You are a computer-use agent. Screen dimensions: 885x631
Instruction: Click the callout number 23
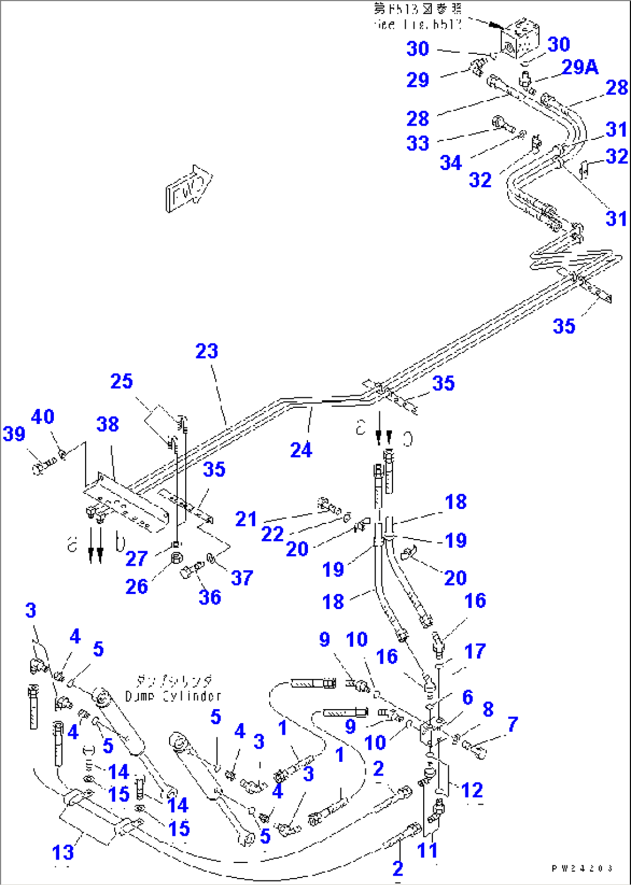coord(207,351)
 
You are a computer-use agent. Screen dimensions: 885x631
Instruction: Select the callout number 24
coord(301,450)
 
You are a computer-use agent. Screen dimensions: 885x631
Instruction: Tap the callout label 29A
coord(579,67)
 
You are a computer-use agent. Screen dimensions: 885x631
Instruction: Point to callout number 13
coord(63,852)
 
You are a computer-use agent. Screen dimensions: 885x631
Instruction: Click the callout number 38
coord(108,425)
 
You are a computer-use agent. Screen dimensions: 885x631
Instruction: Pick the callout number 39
coord(14,434)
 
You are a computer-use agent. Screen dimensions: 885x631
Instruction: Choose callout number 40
coord(43,416)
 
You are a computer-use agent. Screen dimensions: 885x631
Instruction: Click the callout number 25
coord(122,381)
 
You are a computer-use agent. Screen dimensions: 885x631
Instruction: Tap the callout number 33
coord(417,143)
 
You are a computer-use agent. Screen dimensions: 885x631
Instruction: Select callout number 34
coord(450,163)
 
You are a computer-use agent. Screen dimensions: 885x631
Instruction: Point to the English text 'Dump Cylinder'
coord(173,696)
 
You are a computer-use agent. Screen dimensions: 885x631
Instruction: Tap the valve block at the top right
coord(520,38)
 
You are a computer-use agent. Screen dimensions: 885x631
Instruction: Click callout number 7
coord(512,724)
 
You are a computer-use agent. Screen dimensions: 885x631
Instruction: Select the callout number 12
coord(472,790)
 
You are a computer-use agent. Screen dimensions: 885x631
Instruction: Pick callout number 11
coord(427,850)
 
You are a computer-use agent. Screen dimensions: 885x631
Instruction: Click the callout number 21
coord(245,519)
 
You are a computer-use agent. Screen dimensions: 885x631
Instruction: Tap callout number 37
coord(242,577)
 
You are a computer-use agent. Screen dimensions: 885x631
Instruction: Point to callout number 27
coord(137,558)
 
